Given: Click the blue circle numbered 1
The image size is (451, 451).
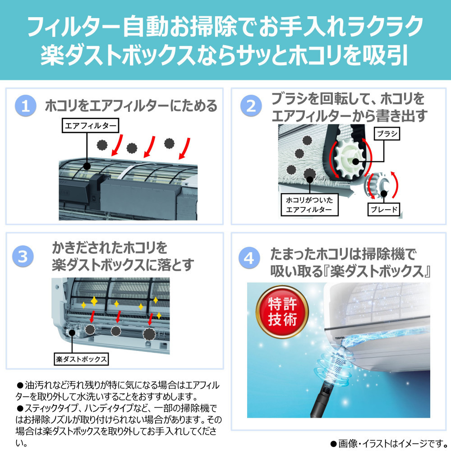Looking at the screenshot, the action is point(26,106).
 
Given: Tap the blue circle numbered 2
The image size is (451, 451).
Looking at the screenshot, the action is point(251,106).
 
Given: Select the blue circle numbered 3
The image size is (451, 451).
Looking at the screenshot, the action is point(23,256).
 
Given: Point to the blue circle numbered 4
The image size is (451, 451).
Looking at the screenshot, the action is point(249,258).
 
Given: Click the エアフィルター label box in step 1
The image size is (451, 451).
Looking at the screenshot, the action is point(90,125).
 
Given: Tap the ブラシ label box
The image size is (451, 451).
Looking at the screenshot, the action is point(387,134).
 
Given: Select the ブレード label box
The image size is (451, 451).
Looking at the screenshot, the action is point(384,209).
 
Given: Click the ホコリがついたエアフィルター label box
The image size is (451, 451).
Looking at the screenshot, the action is point(309,204).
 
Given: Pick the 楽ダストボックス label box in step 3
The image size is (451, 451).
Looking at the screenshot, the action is point(81,359).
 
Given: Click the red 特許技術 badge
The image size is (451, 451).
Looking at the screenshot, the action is point(282,312).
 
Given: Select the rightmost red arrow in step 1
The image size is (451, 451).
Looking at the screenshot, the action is point(184,148).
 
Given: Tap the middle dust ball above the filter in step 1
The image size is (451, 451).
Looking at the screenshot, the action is point(132,148).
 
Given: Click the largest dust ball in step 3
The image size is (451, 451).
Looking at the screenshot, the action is point(149,334).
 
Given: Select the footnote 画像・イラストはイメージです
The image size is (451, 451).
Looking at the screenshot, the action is point(389,443).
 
